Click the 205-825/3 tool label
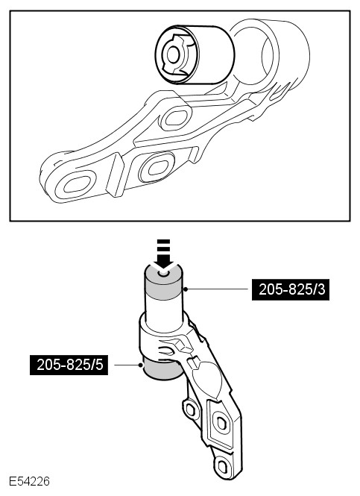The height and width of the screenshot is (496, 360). (x=291, y=289)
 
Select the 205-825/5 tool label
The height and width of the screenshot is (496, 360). (x=69, y=365)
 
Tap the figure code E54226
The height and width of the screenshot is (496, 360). (x=29, y=481)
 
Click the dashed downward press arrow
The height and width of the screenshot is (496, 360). (x=163, y=254)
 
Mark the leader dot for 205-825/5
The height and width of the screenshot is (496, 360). (x=140, y=365)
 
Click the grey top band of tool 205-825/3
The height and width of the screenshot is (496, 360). (x=163, y=283)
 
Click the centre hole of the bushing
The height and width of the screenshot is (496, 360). (x=173, y=55)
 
